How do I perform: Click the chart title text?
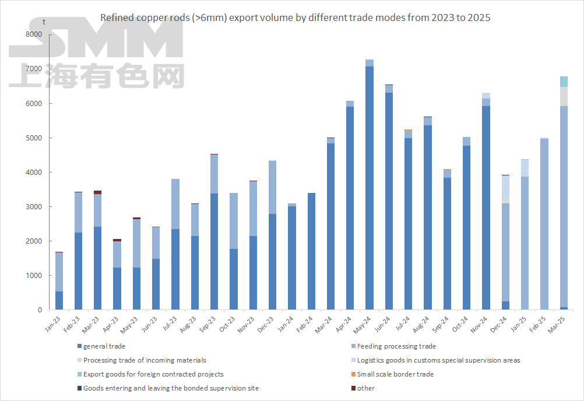pyautogui.click(x=295, y=17)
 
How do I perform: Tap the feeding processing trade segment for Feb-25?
pyautogui.click(x=544, y=224)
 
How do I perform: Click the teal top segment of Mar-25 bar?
pyautogui.click(x=564, y=82)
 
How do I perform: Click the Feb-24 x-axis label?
pyautogui.click(x=305, y=325)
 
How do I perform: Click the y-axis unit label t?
pyautogui.click(x=45, y=22)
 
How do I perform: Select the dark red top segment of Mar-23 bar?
pyautogui.click(x=97, y=192)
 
